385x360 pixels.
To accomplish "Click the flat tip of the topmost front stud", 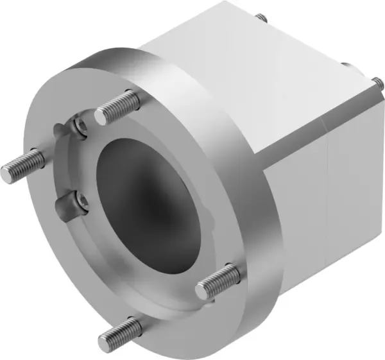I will (x=101, y=116).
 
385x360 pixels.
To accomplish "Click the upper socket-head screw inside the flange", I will (x=79, y=126).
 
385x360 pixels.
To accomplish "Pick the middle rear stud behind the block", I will (x=345, y=65).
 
